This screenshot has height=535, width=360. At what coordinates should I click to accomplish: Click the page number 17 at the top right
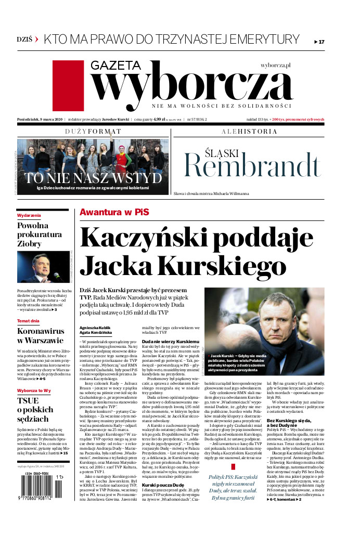(320, 42)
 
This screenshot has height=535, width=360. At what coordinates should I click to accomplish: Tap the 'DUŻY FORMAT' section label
(93, 132)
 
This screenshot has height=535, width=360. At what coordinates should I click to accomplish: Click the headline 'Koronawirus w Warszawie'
(41, 336)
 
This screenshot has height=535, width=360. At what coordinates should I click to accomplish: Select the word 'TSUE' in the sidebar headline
(28, 401)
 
